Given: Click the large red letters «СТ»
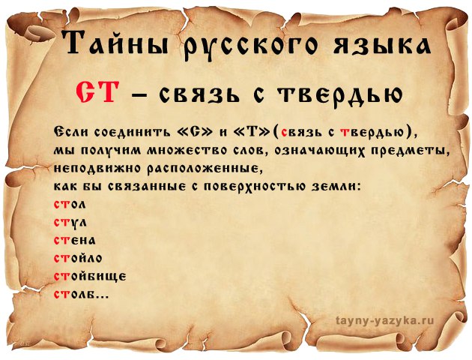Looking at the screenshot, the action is [96, 92].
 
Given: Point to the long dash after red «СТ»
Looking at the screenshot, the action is [139, 95].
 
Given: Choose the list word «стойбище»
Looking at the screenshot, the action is [90, 276].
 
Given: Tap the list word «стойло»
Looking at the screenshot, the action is [78, 258].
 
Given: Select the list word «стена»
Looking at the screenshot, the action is [75, 240].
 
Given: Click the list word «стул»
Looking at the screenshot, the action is [70, 223].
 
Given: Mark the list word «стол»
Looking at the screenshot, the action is [70, 205].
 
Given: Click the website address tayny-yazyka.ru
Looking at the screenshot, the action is [385, 320].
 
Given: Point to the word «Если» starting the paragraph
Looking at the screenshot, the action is [72, 132].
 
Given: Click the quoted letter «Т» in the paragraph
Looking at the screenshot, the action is [250, 132].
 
